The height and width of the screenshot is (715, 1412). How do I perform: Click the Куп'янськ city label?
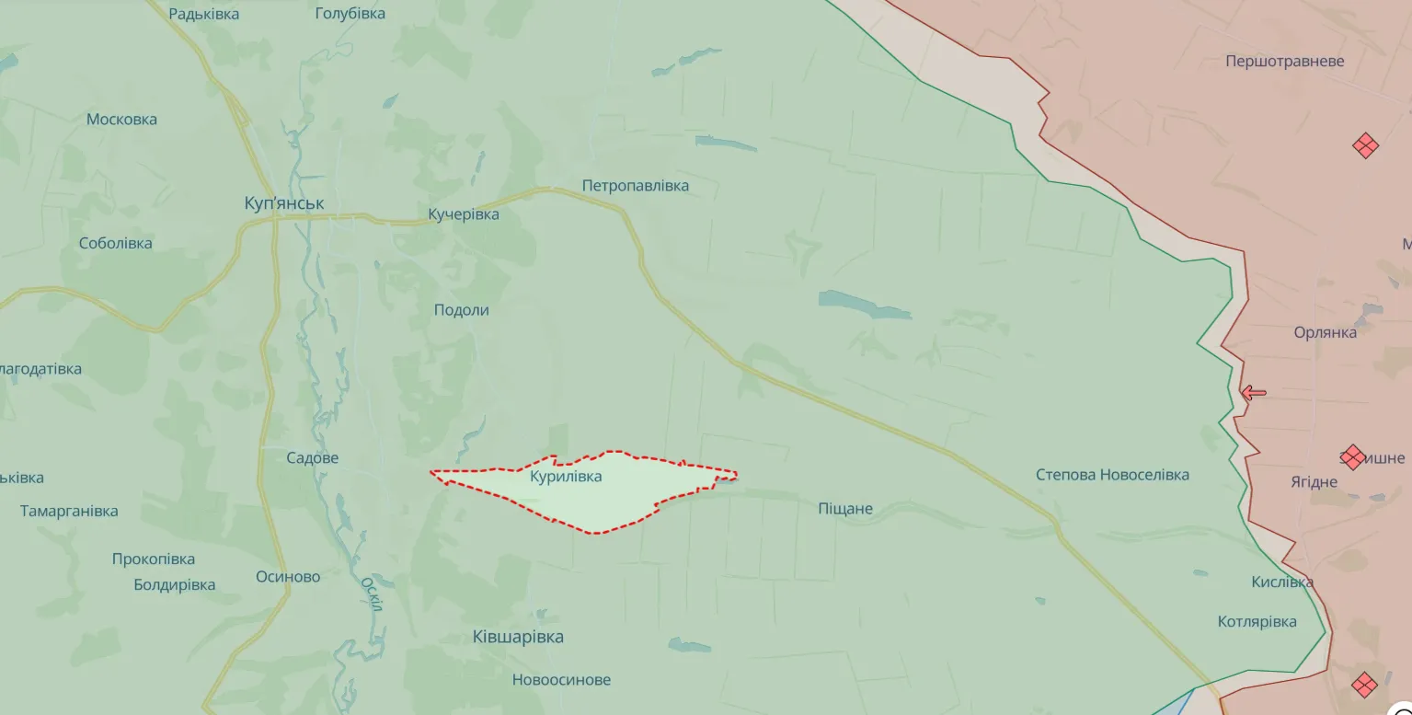284,203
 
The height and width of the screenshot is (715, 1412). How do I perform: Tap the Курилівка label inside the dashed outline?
566,477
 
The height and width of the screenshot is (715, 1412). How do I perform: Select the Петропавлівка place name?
635,186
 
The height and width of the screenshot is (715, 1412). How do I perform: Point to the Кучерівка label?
464,214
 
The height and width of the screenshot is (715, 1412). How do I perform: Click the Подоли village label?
461,310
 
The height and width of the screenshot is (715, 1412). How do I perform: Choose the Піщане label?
844,509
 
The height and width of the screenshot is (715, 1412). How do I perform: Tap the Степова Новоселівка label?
1112,475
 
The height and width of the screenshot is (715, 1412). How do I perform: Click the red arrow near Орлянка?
1253,393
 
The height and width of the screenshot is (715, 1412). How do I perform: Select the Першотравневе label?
1284,62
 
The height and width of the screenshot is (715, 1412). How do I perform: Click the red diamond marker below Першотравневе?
1365,145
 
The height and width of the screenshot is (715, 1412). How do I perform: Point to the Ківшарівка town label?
518,637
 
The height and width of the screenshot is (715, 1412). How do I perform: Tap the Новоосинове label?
561,680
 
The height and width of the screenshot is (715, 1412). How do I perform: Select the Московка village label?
121,120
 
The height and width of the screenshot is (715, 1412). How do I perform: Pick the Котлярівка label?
1257,621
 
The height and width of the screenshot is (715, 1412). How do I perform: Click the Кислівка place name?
1281,582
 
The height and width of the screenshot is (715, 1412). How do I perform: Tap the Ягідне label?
1313,482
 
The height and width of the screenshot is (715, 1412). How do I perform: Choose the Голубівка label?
350,14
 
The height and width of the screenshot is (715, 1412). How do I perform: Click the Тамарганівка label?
69,511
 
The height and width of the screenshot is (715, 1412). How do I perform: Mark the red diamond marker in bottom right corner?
1364,684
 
